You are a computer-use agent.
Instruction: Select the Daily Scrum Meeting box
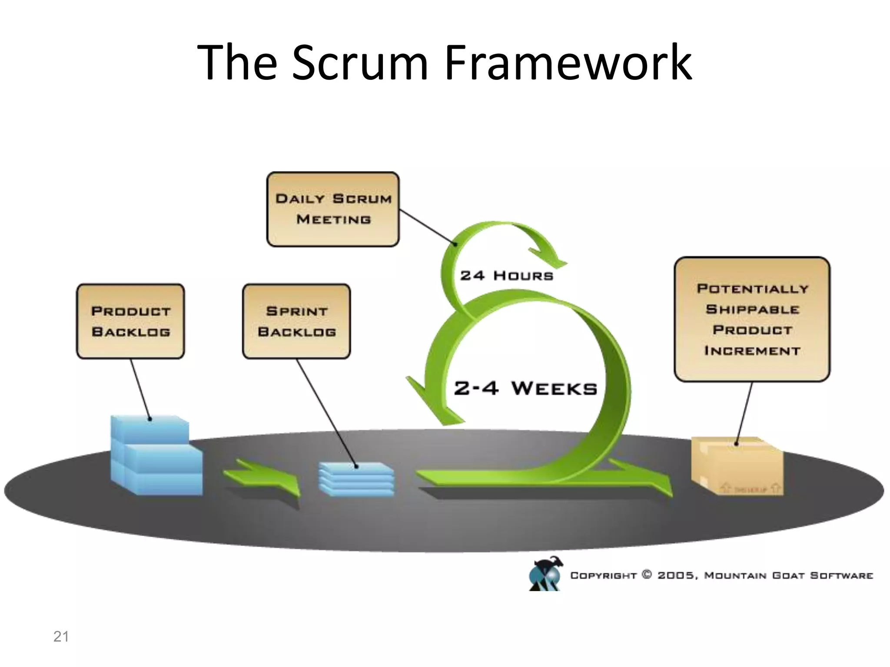click(x=333, y=209)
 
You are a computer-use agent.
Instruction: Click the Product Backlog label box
click(x=130, y=321)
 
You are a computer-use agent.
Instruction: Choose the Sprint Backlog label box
click(x=296, y=321)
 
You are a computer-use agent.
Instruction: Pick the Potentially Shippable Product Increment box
click(x=752, y=319)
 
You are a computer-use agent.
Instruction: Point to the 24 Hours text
click(x=507, y=276)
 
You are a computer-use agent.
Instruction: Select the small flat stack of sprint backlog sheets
click(x=356, y=479)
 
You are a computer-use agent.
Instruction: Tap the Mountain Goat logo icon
click(x=545, y=574)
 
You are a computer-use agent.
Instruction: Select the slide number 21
click(x=61, y=637)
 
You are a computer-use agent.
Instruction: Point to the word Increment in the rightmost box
click(x=752, y=351)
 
